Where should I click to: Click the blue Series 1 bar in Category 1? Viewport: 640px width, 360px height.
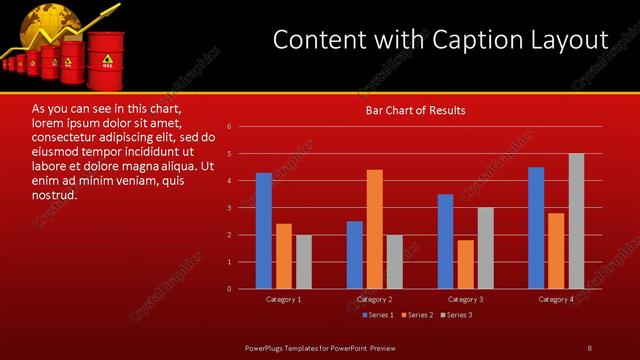[264, 231]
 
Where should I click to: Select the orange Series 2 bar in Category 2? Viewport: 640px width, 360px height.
[374, 229]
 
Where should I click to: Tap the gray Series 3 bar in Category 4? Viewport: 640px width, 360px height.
[576, 221]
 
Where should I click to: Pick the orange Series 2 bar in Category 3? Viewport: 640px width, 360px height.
[466, 264]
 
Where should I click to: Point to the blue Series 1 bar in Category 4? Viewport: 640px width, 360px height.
[536, 228]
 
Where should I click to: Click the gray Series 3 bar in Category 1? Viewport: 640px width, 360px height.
[304, 262]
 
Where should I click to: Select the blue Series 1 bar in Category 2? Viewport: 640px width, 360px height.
[355, 255]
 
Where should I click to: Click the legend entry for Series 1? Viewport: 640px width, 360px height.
[378, 315]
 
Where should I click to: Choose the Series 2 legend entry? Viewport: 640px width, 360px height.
[417, 315]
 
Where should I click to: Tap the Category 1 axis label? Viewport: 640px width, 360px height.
[284, 299]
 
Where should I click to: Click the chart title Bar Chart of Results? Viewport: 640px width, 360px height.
[414, 110]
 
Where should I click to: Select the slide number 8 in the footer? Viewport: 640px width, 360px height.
[589, 347]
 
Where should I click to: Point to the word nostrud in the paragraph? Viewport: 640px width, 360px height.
[54, 194]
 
